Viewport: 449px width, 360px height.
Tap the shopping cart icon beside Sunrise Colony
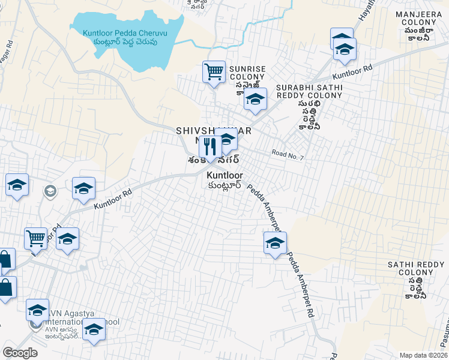[214, 73]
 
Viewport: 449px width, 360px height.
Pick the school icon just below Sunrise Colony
[255, 100]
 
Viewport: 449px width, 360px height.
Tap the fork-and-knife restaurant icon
[210, 145]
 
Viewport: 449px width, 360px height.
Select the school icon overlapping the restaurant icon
[227, 140]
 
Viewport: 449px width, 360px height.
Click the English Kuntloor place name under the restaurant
[224, 175]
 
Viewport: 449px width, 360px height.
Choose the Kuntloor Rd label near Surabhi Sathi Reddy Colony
[352, 73]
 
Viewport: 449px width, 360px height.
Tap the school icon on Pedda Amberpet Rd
[275, 243]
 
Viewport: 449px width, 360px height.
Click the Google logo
[20, 352]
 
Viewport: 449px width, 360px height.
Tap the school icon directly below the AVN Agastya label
[94, 329]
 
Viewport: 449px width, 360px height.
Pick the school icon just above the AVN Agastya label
[37, 310]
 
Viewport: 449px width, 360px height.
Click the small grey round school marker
[50, 191]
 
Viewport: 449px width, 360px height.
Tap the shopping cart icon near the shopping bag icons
[35, 238]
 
